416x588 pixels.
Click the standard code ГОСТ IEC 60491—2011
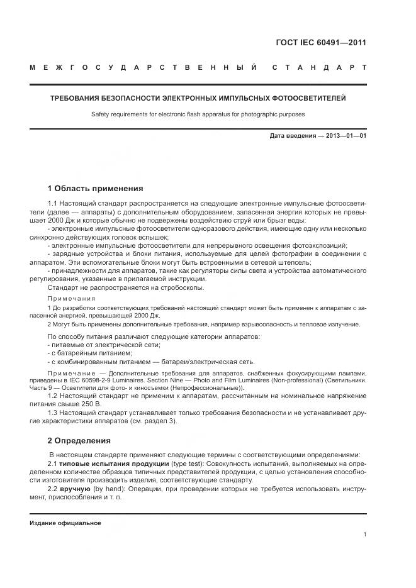click(321, 43)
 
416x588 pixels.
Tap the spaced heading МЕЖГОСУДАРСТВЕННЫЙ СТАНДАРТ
click(198, 67)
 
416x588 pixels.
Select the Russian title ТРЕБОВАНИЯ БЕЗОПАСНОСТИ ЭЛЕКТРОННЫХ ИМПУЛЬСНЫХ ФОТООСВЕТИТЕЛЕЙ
click(198, 98)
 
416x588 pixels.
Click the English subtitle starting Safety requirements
click(198, 114)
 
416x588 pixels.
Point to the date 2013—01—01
click(345, 136)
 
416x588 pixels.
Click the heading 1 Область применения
click(96, 188)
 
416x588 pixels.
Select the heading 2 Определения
click(79, 440)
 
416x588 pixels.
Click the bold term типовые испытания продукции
click(101, 463)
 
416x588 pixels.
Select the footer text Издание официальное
click(65, 523)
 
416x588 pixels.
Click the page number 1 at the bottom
click(365, 535)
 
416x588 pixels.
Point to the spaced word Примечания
click(72, 298)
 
